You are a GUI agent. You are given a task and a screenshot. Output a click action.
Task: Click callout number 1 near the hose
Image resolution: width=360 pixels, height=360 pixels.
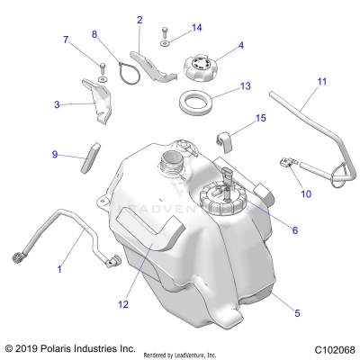coord(60,268)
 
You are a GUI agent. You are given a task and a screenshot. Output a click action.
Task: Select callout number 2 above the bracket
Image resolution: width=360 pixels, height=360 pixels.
coord(139,19)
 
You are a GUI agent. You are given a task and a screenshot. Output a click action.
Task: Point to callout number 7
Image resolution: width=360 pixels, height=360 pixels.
coord(65,39)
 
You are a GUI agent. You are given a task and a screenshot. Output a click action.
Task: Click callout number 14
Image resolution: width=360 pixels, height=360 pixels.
coord(197,27)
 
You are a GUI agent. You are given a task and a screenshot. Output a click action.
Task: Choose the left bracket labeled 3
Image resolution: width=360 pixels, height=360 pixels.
coord(98,103)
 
